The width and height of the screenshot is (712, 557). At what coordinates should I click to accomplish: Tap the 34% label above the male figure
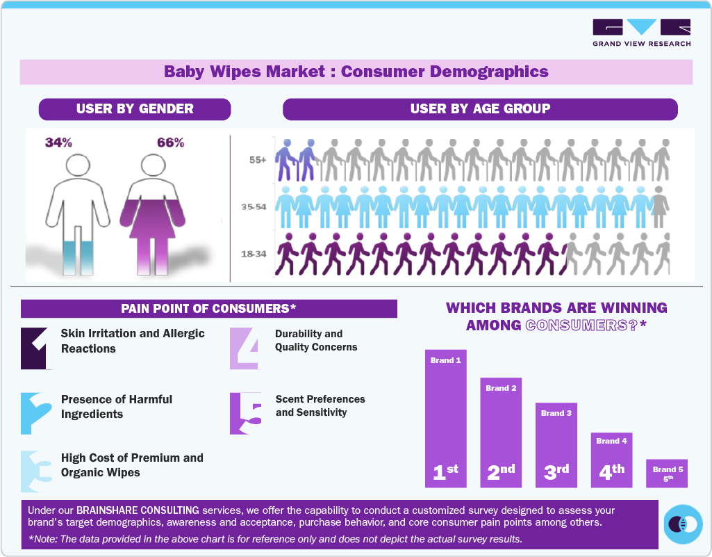(x=58, y=143)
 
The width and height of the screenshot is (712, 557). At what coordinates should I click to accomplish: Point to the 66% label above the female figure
(x=170, y=143)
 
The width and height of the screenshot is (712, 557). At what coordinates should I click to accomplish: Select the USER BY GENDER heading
(x=135, y=109)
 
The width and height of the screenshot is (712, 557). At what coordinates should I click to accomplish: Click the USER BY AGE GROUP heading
(x=480, y=109)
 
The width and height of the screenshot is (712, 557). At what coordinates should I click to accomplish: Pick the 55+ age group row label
(x=258, y=160)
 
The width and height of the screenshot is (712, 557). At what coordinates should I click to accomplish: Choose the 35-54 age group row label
(x=256, y=207)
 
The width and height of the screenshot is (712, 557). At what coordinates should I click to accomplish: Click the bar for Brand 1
(x=445, y=417)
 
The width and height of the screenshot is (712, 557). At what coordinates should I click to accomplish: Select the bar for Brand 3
(x=556, y=445)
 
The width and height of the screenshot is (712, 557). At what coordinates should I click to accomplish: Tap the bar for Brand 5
(x=667, y=473)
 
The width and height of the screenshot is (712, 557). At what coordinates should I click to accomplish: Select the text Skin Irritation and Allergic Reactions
(x=133, y=341)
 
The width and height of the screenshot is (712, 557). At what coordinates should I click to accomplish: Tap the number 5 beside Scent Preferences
(x=246, y=413)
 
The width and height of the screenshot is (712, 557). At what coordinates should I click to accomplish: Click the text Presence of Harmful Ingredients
(x=117, y=407)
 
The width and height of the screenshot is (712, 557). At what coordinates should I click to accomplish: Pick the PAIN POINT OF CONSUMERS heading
(x=208, y=309)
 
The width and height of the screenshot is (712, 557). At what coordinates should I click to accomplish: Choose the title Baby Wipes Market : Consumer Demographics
(x=356, y=72)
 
